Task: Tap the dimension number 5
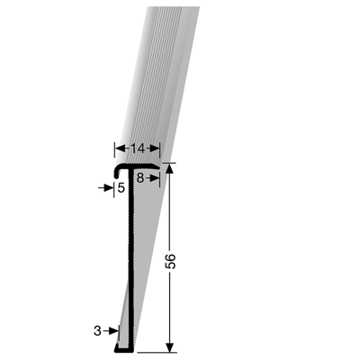(x=121, y=188)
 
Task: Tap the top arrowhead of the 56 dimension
(x=169, y=168)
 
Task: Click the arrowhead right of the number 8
(x=155, y=178)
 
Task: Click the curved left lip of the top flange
(x=117, y=170)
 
